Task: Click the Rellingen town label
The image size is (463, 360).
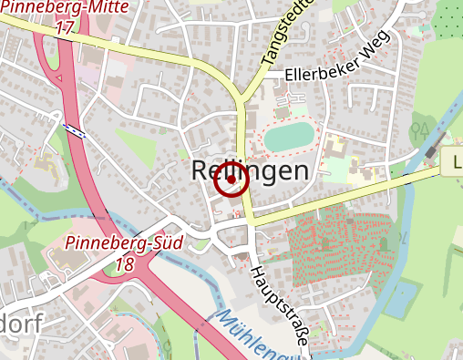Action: tap(251, 170)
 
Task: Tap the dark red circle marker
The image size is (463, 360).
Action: tap(231, 182)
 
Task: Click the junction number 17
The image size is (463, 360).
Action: tap(64, 27)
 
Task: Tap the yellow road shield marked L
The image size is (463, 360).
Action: tap(453, 164)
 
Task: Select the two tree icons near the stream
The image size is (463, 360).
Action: tap(422, 129)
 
